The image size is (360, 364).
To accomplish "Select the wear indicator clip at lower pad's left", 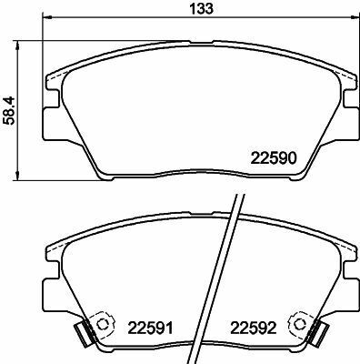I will click(83, 334).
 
